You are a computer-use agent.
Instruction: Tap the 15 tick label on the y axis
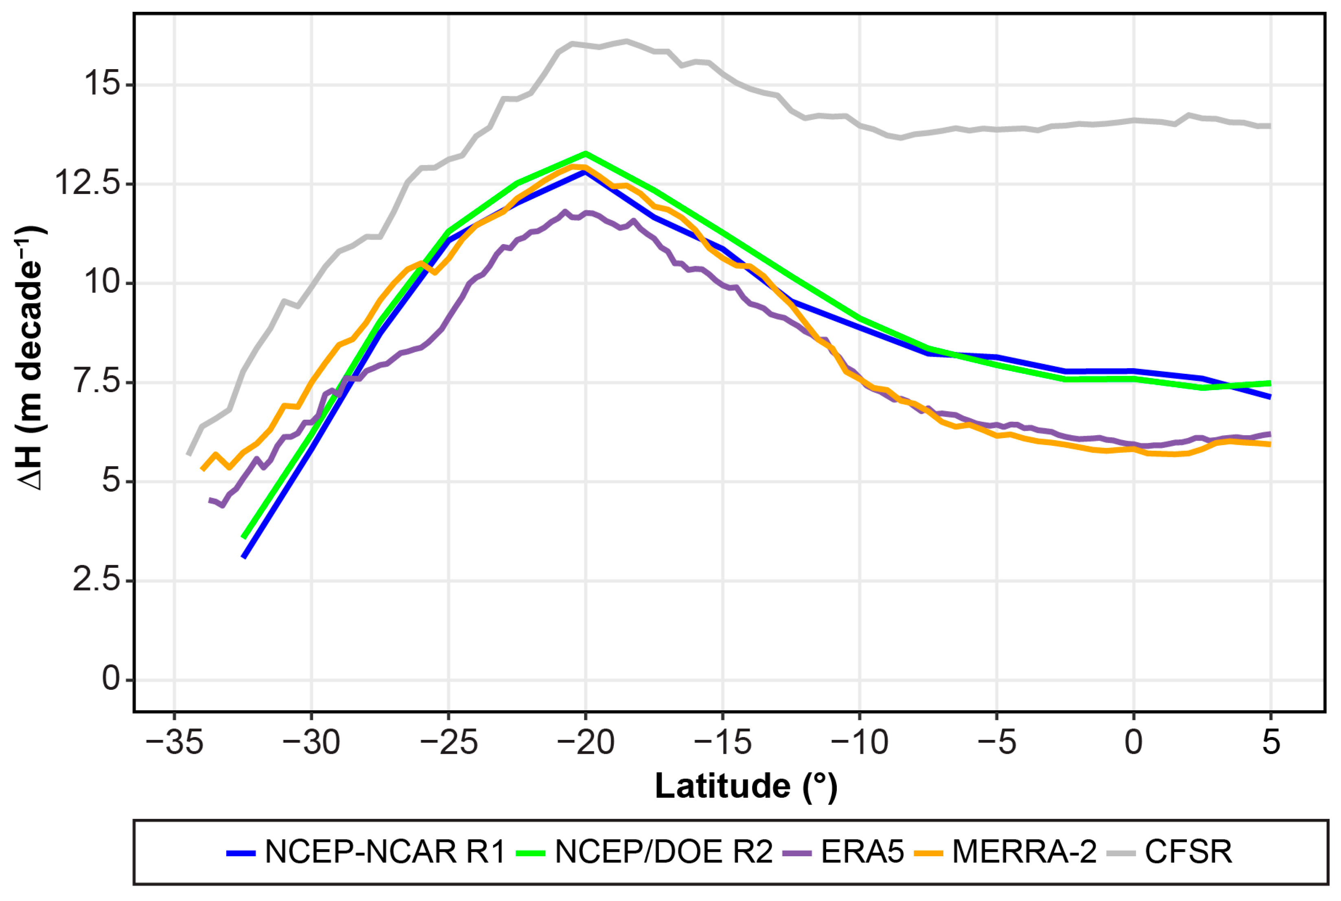point(102,85)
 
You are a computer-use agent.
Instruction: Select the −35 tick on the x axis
point(174,742)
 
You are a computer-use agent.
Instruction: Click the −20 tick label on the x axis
point(585,742)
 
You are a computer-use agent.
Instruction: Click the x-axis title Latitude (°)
point(746,786)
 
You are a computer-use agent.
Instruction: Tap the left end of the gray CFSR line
point(189,454)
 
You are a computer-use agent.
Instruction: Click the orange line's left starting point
point(202,469)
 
